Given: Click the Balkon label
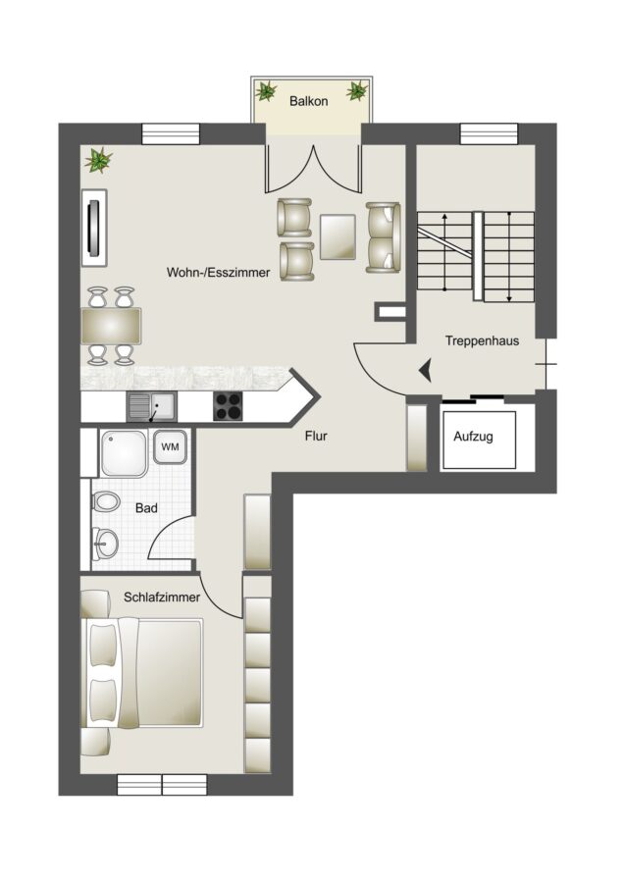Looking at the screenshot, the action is [309, 101].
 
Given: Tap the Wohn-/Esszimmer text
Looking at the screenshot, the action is [218, 273].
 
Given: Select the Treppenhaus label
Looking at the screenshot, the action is [482, 340].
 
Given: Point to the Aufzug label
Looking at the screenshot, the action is [473, 437].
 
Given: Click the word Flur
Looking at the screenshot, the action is [316, 436].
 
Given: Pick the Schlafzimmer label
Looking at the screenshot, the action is [162, 597].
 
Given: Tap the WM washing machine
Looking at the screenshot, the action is [170, 446].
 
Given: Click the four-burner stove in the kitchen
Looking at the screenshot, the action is [228, 406].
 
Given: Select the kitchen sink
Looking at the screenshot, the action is [151, 406].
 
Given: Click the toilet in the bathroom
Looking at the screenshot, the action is [105, 501].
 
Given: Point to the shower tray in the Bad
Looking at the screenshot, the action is [124, 453].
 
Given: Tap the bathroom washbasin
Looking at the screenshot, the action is [105, 544].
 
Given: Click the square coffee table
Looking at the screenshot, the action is [338, 236].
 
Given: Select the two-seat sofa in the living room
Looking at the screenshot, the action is [383, 237].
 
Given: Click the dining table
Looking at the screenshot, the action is [111, 326].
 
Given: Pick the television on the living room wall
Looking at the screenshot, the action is [94, 228].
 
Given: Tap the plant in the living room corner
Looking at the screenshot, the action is [98, 160].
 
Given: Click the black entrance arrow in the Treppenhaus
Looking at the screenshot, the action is [425, 371].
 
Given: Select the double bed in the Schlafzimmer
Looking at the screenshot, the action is [142, 672].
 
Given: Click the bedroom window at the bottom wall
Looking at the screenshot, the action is [162, 785].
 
